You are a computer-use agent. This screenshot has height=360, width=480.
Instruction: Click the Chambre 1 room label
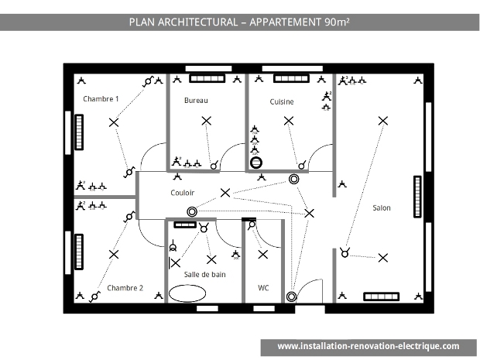(x=101, y=99)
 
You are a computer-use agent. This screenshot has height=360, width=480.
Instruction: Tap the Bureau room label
(x=196, y=101)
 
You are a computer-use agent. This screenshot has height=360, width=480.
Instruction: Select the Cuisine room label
(x=282, y=101)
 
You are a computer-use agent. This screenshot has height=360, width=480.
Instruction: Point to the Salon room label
(x=382, y=207)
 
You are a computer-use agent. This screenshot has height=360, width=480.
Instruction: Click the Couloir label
(x=183, y=193)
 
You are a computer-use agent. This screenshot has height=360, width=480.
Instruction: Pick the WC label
(x=263, y=288)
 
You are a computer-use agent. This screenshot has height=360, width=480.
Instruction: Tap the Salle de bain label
(x=205, y=274)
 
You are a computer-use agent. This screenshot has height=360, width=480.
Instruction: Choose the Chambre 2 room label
(x=125, y=288)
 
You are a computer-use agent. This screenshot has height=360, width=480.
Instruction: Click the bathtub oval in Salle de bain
(x=187, y=293)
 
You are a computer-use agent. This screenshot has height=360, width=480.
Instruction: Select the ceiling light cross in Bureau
(x=207, y=121)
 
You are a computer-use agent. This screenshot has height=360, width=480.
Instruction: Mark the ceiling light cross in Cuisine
(x=289, y=121)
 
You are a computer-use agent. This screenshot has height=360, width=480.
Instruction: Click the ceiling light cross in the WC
(x=263, y=255)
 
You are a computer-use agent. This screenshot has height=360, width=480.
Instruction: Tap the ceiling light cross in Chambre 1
(x=114, y=123)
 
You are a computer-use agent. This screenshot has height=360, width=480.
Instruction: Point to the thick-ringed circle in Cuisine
(x=256, y=163)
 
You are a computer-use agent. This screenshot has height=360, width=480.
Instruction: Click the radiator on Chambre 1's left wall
(x=79, y=132)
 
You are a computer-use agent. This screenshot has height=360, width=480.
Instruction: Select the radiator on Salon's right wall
(x=417, y=197)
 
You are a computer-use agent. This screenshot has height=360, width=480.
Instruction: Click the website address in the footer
(x=369, y=346)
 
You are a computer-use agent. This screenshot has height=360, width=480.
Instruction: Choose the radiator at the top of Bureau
(x=207, y=78)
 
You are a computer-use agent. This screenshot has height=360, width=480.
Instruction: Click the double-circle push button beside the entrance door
(x=291, y=297)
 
